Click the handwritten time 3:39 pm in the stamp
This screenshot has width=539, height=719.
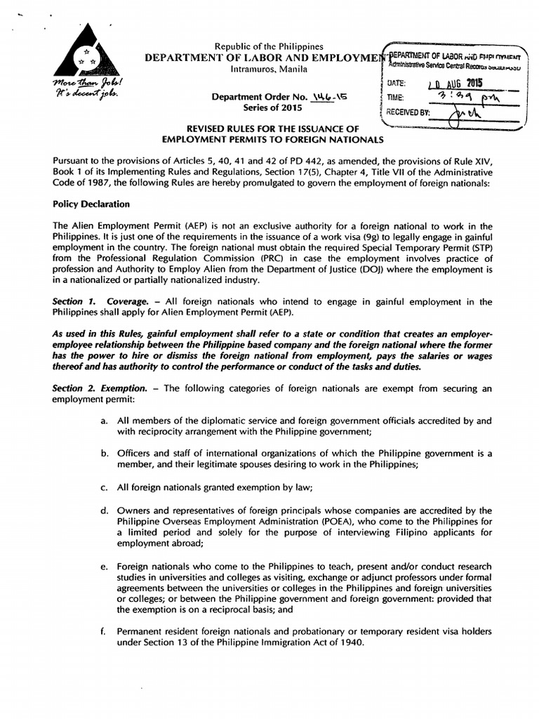pos(456,98)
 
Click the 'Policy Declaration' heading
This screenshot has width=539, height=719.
pos(91,204)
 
